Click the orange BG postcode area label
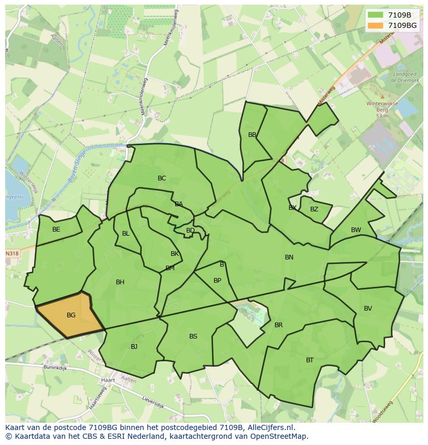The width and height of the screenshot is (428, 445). (71, 315)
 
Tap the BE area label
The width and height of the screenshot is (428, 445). (56, 229)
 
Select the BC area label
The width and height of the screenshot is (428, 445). (162, 178)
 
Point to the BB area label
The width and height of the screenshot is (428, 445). (252, 135)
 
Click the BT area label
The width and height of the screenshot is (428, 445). (310, 360)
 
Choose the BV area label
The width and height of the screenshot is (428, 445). (368, 309)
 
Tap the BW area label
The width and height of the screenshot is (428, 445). (356, 230)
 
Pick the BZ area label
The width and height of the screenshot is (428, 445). (314, 209)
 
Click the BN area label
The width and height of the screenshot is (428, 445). (289, 257)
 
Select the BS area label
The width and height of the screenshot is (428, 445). (193, 336)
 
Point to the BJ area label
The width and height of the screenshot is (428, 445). (134, 347)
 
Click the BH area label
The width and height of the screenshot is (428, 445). (120, 282)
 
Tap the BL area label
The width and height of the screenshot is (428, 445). (126, 234)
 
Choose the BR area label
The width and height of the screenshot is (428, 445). (279, 325)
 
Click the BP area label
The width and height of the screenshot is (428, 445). (217, 281)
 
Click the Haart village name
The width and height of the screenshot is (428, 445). (109, 380)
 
